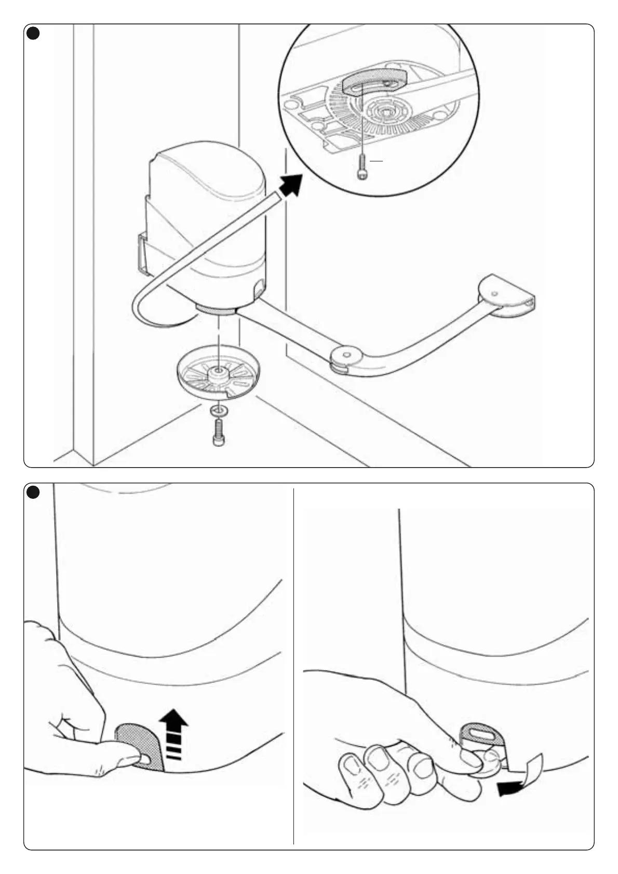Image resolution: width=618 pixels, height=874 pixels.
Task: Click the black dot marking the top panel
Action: point(33,33)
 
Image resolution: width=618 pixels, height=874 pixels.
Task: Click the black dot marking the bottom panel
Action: point(33,492)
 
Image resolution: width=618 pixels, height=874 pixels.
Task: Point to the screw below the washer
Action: point(219,432)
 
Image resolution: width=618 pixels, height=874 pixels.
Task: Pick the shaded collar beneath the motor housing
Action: point(215,310)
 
